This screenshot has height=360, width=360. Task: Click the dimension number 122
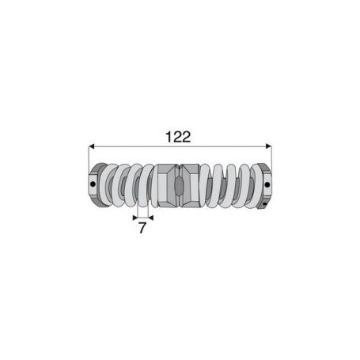coord(178,137)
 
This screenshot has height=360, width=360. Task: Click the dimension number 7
coord(142,228)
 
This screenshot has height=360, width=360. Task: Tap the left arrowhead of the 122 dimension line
coord(91,146)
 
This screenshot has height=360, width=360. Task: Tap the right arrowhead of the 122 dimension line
coord(268,146)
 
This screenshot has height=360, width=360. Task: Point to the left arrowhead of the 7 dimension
coord(135,218)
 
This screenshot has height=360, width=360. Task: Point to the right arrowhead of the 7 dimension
coord(151,218)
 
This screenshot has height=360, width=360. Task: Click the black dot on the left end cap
coord(93,184)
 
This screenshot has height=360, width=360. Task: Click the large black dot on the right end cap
coord(267,184)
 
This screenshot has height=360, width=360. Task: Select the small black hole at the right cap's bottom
coord(264,204)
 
